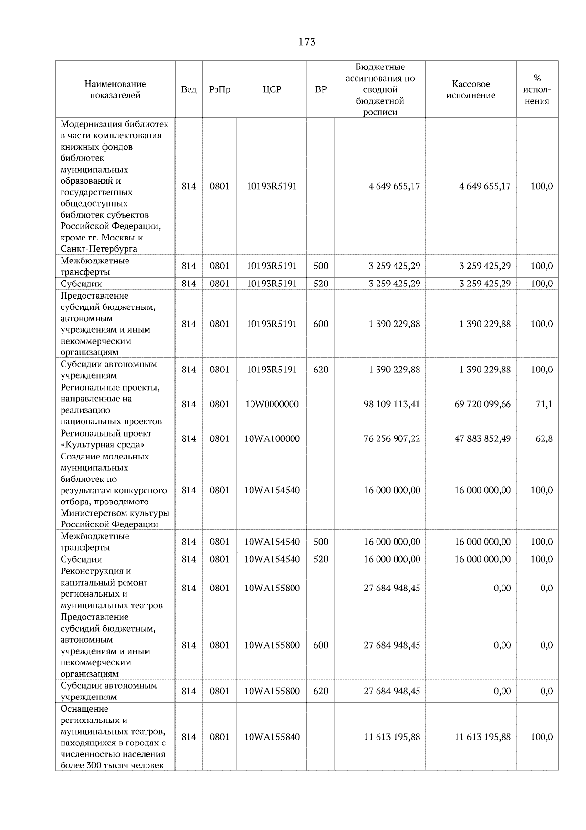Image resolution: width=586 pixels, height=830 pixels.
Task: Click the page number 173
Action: pyautogui.click(x=307, y=42)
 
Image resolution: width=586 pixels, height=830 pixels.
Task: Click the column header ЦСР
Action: pyautogui.click(x=272, y=89)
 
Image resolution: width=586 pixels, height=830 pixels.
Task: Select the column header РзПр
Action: pyautogui.click(x=219, y=89)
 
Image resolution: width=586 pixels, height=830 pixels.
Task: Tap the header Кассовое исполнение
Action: pyautogui.click(x=470, y=89)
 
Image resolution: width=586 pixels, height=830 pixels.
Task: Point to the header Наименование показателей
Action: pyautogui.click(x=115, y=89)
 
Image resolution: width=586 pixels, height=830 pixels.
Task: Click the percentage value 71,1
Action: pyautogui.click(x=544, y=404)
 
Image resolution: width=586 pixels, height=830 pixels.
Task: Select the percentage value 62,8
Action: pyautogui.click(x=544, y=438)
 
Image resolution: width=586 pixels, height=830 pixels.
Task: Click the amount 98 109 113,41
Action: pyautogui.click(x=392, y=404)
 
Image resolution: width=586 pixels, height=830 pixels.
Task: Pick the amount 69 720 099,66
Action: pyautogui.click(x=482, y=404)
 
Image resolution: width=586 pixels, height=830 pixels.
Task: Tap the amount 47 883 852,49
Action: pyautogui.click(x=482, y=438)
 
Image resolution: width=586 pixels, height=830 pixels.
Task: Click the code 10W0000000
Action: pyautogui.click(x=272, y=404)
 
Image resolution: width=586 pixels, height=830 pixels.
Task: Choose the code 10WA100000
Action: pyautogui.click(x=272, y=438)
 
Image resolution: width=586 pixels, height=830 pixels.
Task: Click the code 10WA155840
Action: pyautogui.click(x=272, y=737)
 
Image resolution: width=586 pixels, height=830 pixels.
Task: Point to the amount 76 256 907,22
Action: pyautogui.click(x=392, y=438)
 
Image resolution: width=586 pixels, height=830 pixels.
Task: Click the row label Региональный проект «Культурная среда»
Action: pyautogui.click(x=106, y=438)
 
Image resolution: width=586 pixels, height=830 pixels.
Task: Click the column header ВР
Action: pyautogui.click(x=320, y=89)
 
